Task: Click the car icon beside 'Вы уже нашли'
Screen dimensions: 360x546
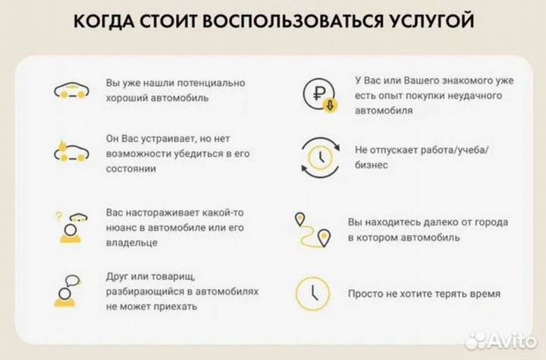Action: [71, 91]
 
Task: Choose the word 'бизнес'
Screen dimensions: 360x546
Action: [372, 164]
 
